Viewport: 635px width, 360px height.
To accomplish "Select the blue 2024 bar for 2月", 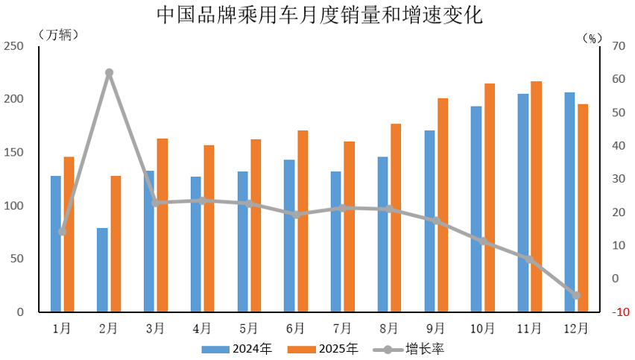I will click(x=102, y=270).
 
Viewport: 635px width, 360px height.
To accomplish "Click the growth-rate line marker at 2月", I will click(x=109, y=73).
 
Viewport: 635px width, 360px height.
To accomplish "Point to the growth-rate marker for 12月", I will click(x=576, y=295).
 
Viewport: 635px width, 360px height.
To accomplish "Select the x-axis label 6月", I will click(x=295, y=328).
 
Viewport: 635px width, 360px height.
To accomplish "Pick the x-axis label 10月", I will click(x=482, y=328).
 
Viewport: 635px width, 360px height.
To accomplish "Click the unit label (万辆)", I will click(x=57, y=34).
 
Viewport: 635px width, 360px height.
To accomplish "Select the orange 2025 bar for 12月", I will click(x=583, y=208).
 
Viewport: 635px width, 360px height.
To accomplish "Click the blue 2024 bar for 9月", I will click(x=429, y=221).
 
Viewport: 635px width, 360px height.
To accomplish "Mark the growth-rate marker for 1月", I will click(x=63, y=232).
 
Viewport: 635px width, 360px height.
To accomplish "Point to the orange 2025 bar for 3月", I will click(x=162, y=225).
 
